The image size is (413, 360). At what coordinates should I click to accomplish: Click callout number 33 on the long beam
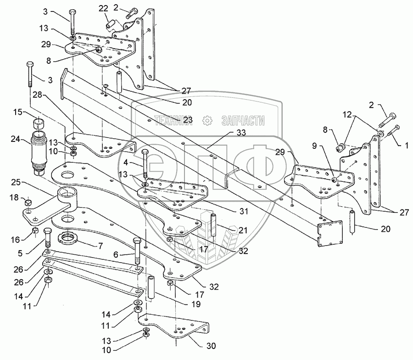(x=241, y=133)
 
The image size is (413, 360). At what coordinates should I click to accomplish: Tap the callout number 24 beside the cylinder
(x=16, y=139)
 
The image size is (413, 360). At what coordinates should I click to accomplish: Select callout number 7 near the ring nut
(x=100, y=246)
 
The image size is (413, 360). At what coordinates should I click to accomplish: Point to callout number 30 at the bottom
(x=211, y=345)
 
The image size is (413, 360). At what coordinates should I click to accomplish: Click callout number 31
(x=244, y=211)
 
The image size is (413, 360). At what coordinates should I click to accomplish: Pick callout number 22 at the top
(x=103, y=8)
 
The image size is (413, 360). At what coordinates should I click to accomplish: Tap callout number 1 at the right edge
(x=407, y=145)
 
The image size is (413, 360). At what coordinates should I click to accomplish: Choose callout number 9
(x=314, y=146)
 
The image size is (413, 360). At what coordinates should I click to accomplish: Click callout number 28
(x=38, y=95)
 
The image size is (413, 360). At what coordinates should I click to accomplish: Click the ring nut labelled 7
(x=67, y=237)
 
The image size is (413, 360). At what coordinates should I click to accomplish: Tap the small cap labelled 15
(x=39, y=123)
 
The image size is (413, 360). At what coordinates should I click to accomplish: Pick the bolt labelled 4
(x=145, y=164)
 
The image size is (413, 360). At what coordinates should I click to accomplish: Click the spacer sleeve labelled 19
(x=151, y=287)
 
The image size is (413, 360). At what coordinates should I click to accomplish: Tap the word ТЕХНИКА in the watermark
(x=173, y=120)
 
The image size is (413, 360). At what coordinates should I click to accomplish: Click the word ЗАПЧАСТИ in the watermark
(x=243, y=120)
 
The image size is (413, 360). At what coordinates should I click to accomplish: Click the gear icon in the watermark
(x=207, y=121)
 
